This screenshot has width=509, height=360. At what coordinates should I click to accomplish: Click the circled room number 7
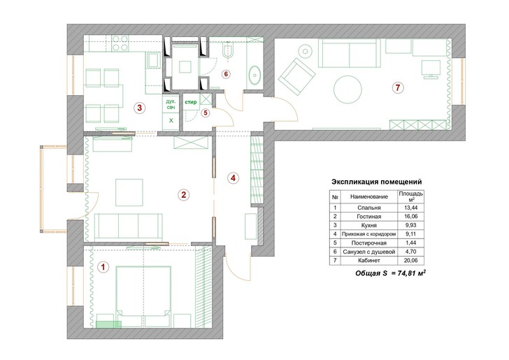coord(398,88)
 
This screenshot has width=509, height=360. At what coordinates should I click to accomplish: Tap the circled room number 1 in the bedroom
coord(103,266)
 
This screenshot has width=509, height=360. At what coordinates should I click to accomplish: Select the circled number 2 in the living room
coord(183,195)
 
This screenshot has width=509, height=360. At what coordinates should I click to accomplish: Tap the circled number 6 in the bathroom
coord(226,73)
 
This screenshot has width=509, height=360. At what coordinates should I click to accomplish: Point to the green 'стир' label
coord(189,103)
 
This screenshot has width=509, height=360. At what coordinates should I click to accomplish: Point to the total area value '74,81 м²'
coord(408,275)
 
